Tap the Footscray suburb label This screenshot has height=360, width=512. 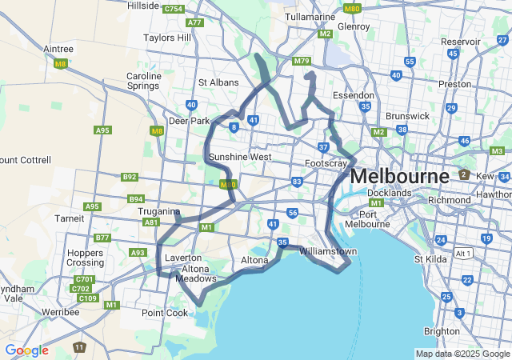[326, 163]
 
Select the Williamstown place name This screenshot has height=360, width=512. [328, 251]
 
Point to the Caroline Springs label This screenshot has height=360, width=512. [144, 82]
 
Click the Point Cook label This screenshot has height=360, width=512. [163, 313]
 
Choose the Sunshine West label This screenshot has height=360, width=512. [240, 157]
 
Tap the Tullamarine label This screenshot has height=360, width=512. [310, 16]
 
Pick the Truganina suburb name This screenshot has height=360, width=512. [159, 211]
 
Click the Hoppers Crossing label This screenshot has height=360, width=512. [86, 257]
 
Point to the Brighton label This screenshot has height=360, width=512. [442, 331]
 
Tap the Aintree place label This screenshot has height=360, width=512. [58, 49]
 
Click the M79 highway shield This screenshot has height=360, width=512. [302, 61]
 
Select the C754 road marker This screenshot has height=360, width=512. [173, 9]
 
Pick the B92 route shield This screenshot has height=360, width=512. [130, 177]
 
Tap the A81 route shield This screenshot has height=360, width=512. [150, 222]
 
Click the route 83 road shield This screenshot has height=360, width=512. [297, 182]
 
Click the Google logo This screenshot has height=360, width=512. [26, 350]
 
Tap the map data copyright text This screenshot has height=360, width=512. [462, 354]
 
